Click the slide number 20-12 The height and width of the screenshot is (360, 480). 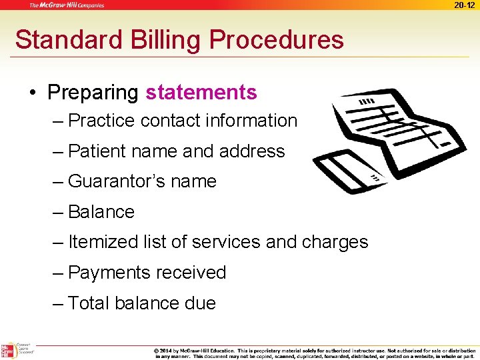tap(465, 5)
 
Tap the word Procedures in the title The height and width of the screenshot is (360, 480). tap(277, 40)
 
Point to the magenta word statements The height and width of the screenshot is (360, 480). tap(201, 92)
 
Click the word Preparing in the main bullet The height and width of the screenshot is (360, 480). tap(93, 92)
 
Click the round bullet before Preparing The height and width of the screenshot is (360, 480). tap(33, 93)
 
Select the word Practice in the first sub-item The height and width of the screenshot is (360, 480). tap(102, 121)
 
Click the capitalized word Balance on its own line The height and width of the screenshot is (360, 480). tap(101, 212)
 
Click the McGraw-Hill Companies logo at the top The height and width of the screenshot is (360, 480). tap(67, 5)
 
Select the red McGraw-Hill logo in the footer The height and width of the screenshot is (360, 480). tap(7, 351)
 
